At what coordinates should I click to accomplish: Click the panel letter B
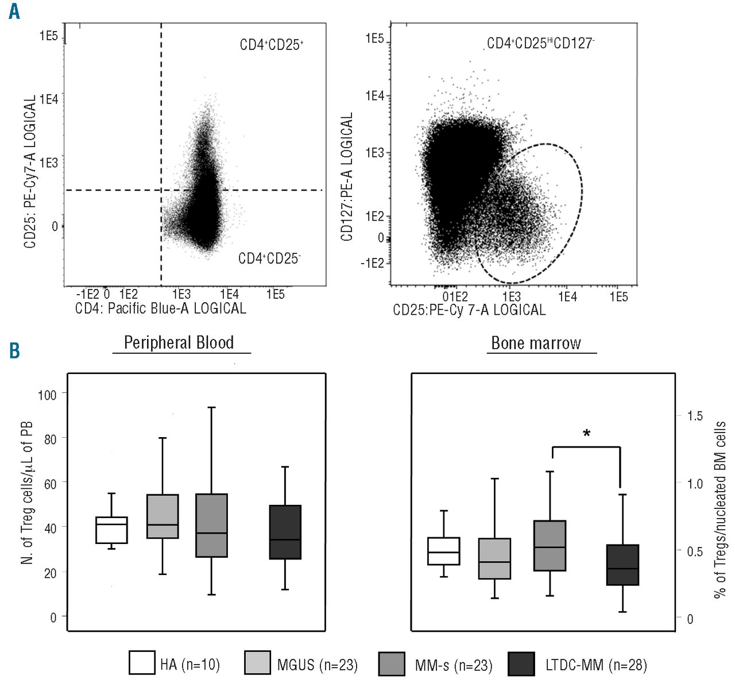point(14,350)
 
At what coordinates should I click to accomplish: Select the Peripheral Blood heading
point(179,343)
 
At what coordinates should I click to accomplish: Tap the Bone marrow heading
point(536,343)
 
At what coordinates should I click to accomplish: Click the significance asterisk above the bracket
point(586,434)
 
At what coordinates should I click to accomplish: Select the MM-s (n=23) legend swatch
point(392,663)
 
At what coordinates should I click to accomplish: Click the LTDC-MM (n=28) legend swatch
point(521,663)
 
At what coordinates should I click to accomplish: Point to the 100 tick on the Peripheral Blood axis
point(47,395)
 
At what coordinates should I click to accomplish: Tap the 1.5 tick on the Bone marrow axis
point(695,416)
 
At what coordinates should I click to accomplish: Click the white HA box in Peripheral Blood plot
point(111,530)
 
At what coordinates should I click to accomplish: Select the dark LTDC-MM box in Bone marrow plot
point(622,565)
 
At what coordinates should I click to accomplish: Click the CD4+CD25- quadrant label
point(269,258)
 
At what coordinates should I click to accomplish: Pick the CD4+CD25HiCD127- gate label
point(540,43)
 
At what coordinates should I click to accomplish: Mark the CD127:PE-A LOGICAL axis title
point(347,177)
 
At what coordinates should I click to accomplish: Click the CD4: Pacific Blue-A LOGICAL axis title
point(161,308)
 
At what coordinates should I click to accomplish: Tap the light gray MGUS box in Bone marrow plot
point(494,558)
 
